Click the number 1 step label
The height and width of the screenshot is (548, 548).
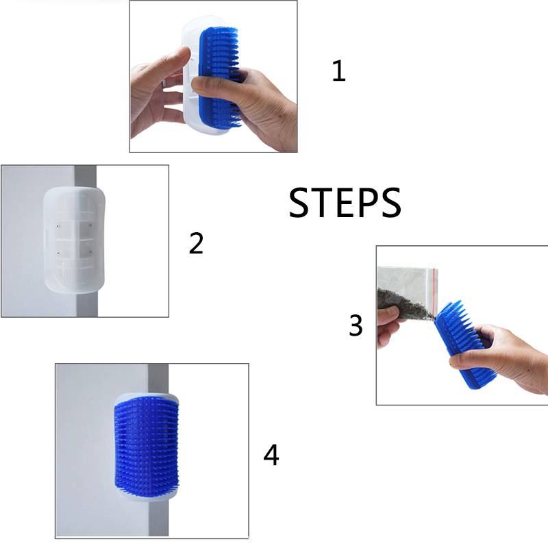339,71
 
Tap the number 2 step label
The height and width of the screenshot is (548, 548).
196,243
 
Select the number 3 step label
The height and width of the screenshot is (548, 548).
356,325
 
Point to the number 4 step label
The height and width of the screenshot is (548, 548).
271,455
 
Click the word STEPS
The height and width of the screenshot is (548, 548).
345,203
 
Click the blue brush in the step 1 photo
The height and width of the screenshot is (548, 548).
219,75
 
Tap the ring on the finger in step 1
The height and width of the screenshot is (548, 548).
164,84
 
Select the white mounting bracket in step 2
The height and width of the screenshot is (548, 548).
74,240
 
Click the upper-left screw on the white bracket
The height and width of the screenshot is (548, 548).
58,227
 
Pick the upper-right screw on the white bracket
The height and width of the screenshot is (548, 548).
90,226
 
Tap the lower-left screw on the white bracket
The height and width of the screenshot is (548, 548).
58,253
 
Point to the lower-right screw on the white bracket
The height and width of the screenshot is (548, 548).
90,251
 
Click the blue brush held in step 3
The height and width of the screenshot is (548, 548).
461,345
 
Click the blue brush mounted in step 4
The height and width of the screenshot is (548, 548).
147,447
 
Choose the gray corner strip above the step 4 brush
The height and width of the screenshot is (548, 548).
158,379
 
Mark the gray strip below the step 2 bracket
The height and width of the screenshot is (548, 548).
86,304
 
